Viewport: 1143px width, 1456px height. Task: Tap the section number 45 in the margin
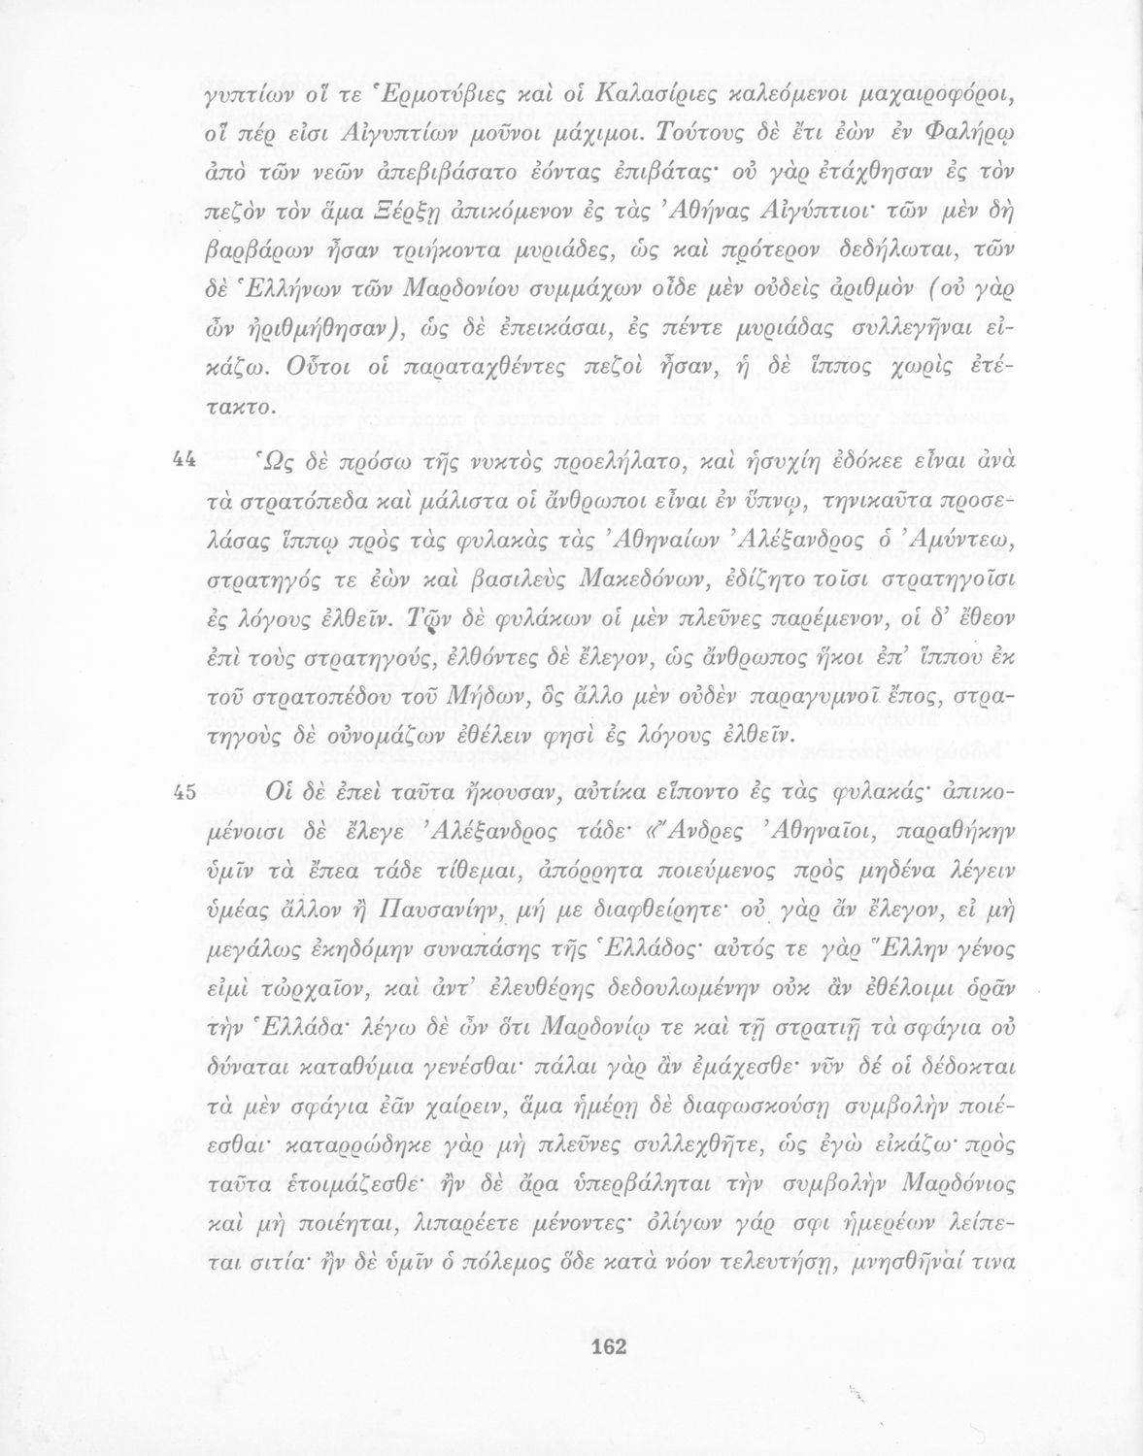(x=184, y=792)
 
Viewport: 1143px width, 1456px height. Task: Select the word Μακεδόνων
(x=639, y=582)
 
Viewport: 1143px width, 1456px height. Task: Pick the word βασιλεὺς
(x=517, y=582)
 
